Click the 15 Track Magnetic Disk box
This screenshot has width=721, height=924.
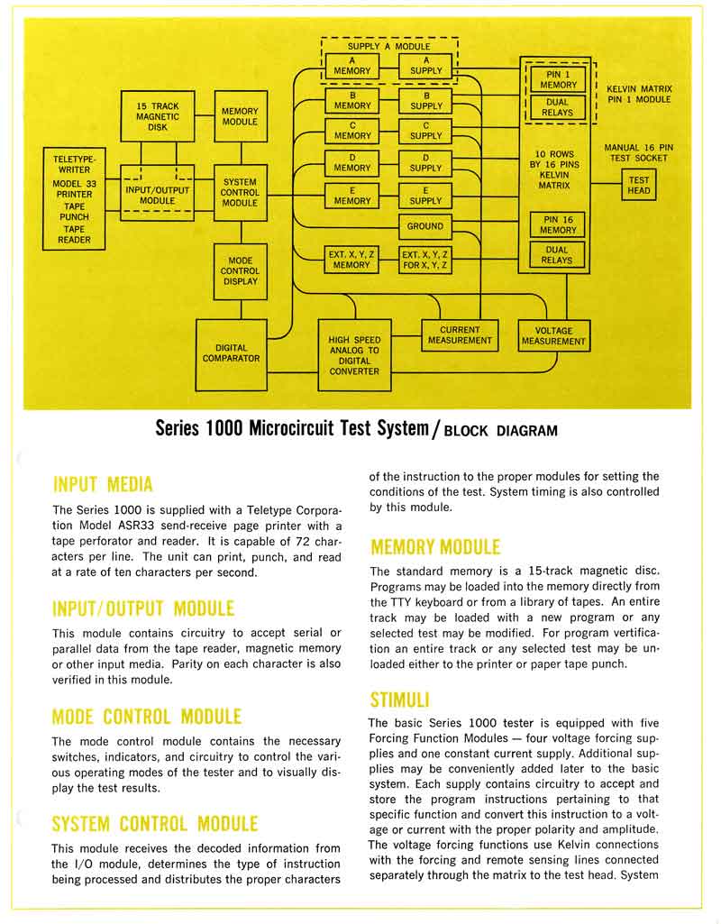158,115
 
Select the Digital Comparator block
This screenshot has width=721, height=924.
238,352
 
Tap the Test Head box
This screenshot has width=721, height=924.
638,186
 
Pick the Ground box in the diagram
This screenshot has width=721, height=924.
425,226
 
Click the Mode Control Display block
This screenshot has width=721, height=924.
240,270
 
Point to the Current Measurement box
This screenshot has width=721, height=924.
460,335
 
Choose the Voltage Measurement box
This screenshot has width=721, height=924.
553,336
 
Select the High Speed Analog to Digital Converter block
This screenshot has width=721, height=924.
354,355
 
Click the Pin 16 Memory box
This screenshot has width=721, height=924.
558,224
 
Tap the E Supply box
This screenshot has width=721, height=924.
425,196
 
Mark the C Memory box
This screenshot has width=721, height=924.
352,130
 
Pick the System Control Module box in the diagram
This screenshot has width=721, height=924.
240,192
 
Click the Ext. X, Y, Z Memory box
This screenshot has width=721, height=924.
352,260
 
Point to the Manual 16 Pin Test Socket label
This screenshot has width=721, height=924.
638,152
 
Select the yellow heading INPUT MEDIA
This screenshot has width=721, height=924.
103,484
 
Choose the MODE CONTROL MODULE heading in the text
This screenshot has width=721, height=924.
147,717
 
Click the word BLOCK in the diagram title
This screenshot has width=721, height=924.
470,430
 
